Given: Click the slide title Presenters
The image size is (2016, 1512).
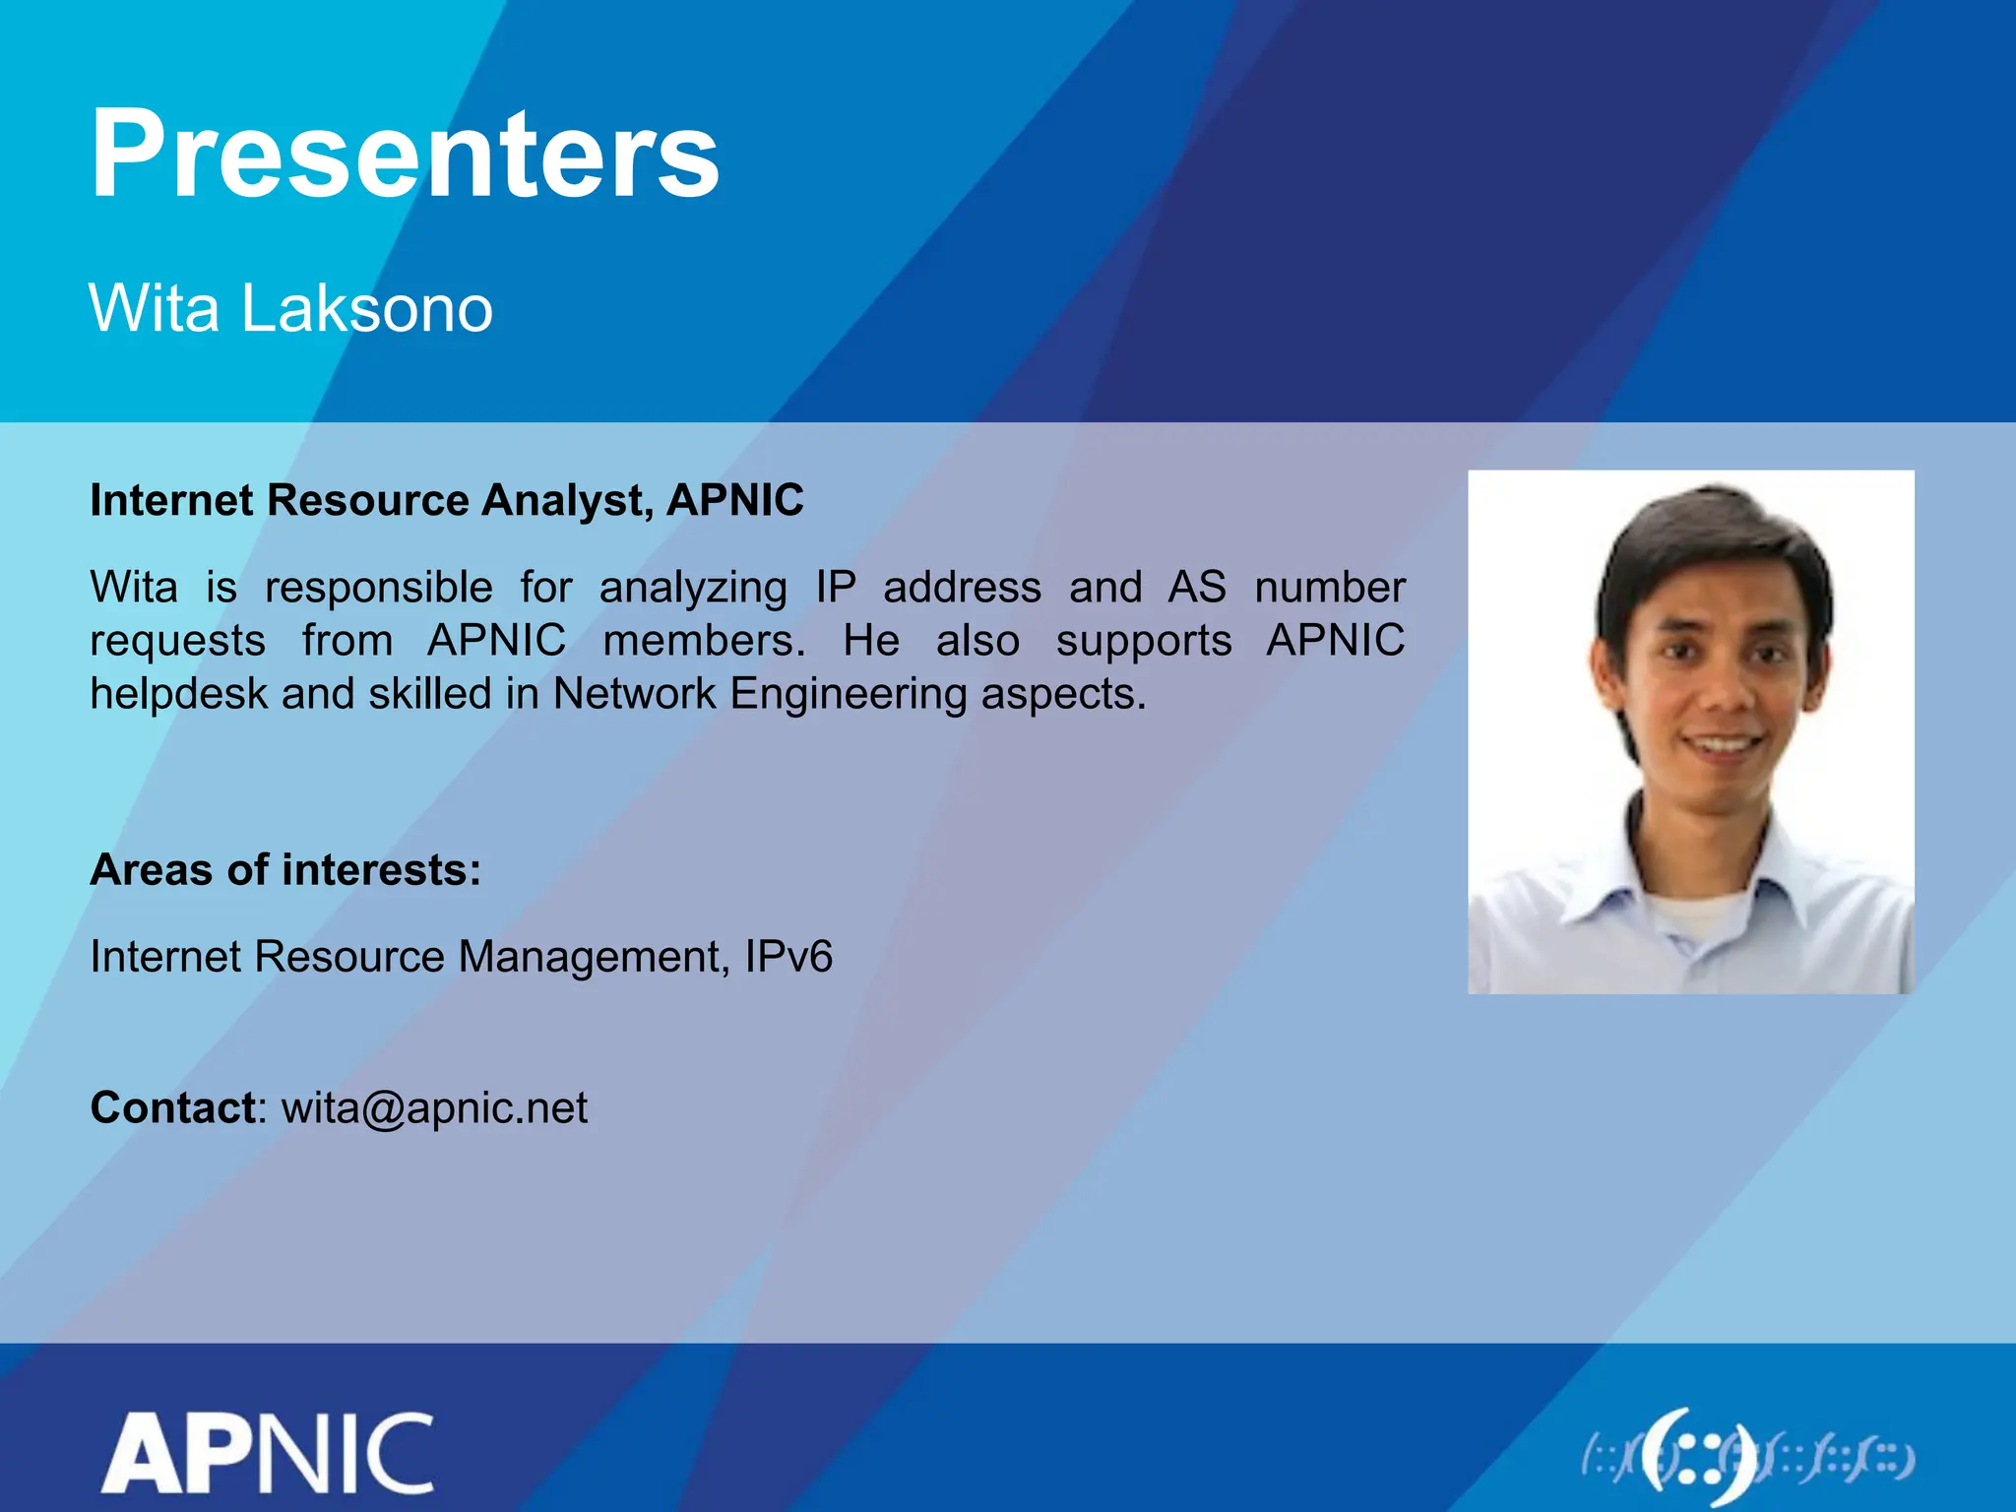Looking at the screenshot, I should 405,155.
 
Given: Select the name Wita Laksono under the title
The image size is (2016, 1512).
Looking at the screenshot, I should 290,308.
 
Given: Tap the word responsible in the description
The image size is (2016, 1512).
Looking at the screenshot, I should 379,588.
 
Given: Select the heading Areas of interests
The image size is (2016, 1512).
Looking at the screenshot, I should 285,870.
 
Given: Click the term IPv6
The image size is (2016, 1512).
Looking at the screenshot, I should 788,957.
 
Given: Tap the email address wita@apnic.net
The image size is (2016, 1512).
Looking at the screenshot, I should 434,1108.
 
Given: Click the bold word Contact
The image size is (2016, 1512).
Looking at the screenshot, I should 173,1108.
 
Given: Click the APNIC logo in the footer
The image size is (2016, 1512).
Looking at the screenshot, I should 268,1452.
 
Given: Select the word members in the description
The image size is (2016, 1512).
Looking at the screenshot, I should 704,641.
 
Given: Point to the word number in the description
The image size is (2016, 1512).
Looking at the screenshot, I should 1329,588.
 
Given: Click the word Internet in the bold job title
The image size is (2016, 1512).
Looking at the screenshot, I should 171,501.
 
